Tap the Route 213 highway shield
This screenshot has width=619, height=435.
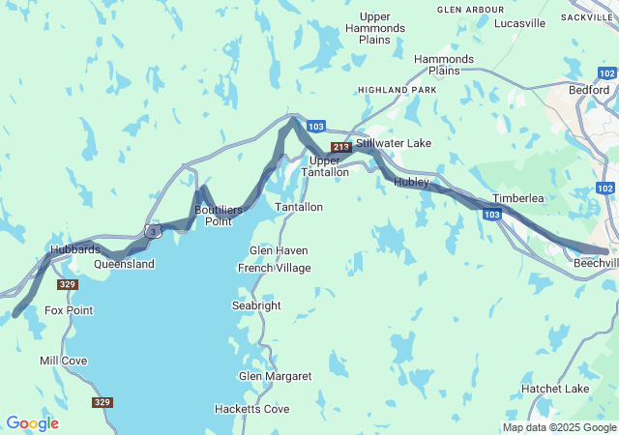tap(340, 147)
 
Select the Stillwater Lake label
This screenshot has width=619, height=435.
tap(394, 143)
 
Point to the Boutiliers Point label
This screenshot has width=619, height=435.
tap(219, 215)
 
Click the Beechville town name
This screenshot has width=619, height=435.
tap(596, 263)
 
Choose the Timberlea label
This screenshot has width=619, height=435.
tap(518, 198)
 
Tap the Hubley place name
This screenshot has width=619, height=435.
tap(411, 182)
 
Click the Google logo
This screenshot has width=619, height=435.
tap(32, 423)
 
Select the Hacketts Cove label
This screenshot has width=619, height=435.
tap(251, 409)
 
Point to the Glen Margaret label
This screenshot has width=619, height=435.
tap(276, 376)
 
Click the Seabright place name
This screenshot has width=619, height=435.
tap(256, 305)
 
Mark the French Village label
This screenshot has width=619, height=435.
tap(275, 268)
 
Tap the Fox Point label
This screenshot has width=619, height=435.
tap(69, 310)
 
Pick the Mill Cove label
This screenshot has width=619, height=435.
tap(63, 361)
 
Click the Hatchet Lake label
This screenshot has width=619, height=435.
tap(555, 389)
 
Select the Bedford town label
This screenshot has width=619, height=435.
tap(589, 89)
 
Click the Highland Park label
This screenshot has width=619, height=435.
tap(398, 90)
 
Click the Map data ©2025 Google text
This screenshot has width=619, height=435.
tap(559, 427)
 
